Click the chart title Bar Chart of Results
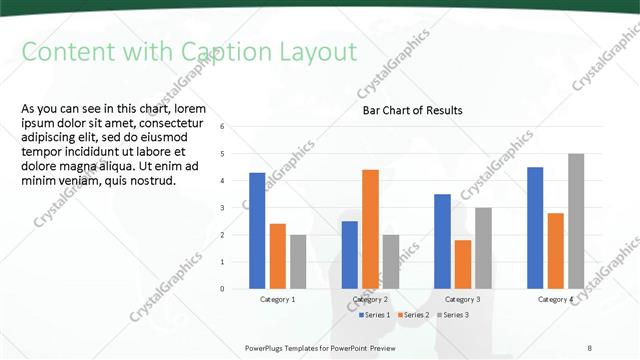coord(412,111)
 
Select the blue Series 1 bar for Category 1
coord(257,230)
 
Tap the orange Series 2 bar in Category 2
coord(370,229)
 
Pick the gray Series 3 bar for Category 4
coord(576,221)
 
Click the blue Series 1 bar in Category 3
coord(443,241)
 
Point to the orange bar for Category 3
coord(463,264)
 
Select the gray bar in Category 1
coord(298,261)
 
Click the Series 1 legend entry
coord(376,315)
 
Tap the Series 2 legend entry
coord(415,315)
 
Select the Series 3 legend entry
coord(452,315)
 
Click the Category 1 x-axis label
coord(277,299)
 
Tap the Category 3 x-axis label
coord(463,299)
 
